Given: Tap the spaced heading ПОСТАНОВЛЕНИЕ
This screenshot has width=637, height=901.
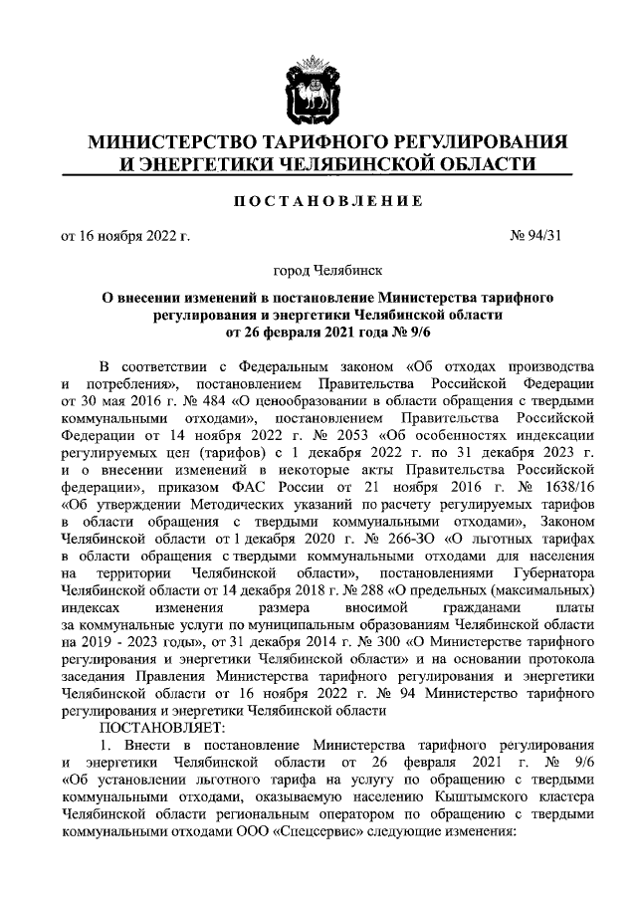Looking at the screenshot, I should [x=318, y=202].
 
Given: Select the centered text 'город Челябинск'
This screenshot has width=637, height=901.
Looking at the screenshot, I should [x=318, y=270].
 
